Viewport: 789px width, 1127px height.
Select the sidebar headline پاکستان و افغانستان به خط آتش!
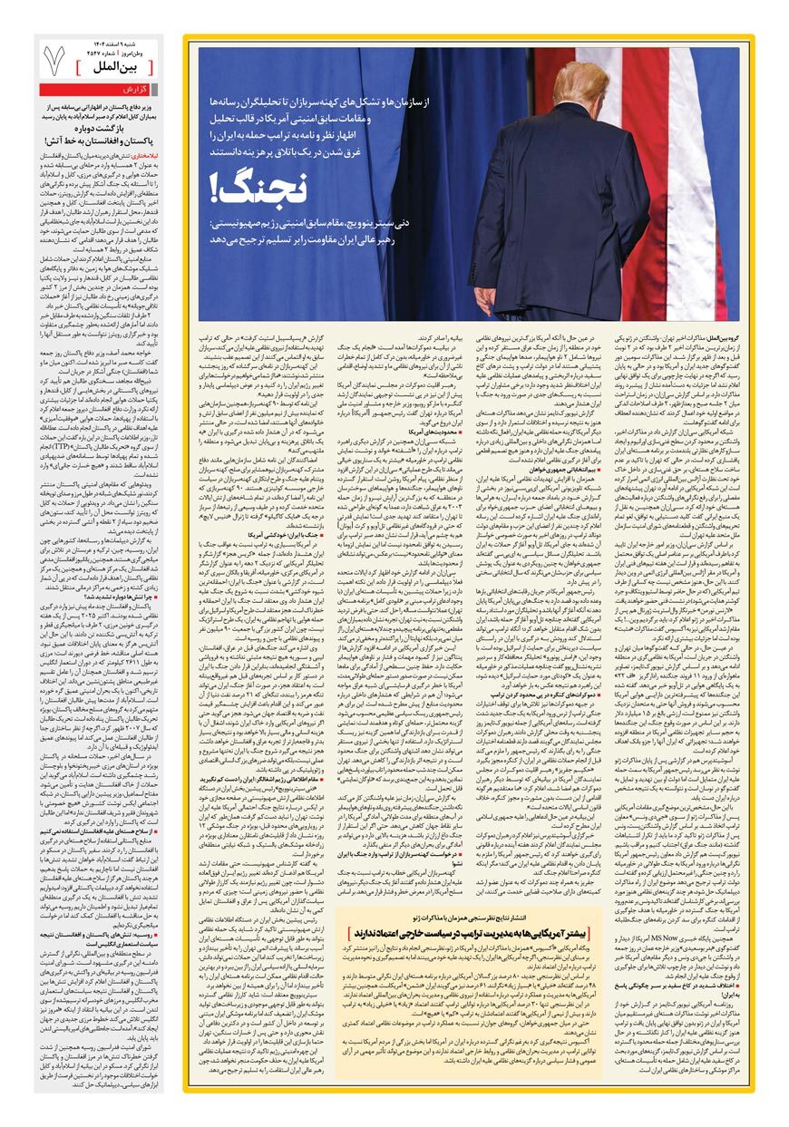[99, 141]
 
